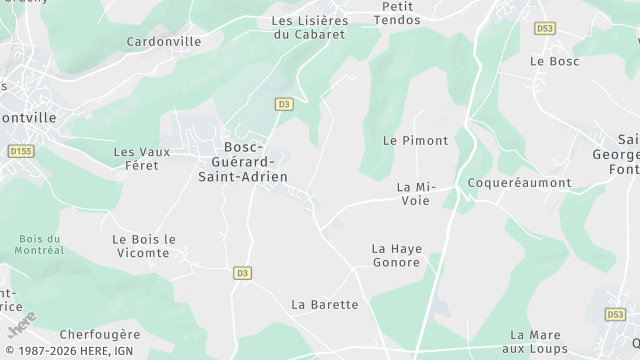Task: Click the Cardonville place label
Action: (x=164, y=42)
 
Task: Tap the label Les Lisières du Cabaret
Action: (x=309, y=27)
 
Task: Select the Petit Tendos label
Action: (x=396, y=13)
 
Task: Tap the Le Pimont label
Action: (x=415, y=141)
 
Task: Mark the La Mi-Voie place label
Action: (x=413, y=194)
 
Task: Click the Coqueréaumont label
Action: (x=520, y=183)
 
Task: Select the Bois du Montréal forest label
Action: (x=41, y=244)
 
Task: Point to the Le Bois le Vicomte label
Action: (x=144, y=246)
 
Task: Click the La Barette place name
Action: (x=324, y=304)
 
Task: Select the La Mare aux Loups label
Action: (x=538, y=341)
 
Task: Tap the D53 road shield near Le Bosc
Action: (x=545, y=28)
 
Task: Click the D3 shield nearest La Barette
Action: (x=242, y=273)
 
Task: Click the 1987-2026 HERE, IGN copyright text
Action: (x=69, y=351)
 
